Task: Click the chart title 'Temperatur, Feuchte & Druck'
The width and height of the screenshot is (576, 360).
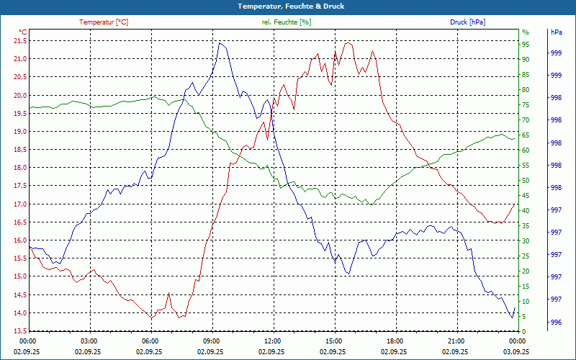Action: click(288, 6)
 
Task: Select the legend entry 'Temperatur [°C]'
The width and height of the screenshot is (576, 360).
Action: click(104, 22)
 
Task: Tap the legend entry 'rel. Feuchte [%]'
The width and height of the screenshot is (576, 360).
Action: click(287, 22)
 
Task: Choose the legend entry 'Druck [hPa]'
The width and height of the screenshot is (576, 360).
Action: click(467, 22)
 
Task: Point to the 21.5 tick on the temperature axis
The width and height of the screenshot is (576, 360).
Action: click(19, 40)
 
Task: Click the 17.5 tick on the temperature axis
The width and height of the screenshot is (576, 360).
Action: click(19, 186)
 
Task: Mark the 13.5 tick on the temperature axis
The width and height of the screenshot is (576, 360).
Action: click(19, 331)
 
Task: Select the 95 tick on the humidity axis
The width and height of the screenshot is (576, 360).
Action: click(526, 44)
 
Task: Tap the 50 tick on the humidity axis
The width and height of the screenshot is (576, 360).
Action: click(526, 180)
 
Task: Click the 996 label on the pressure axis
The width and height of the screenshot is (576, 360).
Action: click(556, 322)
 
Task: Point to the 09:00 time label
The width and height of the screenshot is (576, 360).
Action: click(210, 341)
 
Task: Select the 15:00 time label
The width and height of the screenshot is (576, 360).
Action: click(333, 341)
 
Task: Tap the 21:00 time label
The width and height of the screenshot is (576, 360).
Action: click(455, 341)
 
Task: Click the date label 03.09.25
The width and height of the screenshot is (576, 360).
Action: click(516, 351)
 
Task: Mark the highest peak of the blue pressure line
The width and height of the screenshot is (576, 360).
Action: click(220, 43)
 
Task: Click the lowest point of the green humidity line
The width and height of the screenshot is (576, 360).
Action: click(372, 204)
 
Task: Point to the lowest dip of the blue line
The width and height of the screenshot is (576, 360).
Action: click(513, 318)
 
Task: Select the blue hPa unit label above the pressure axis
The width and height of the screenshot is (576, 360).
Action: click(556, 32)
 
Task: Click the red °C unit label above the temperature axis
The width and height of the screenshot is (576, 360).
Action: click(23, 32)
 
